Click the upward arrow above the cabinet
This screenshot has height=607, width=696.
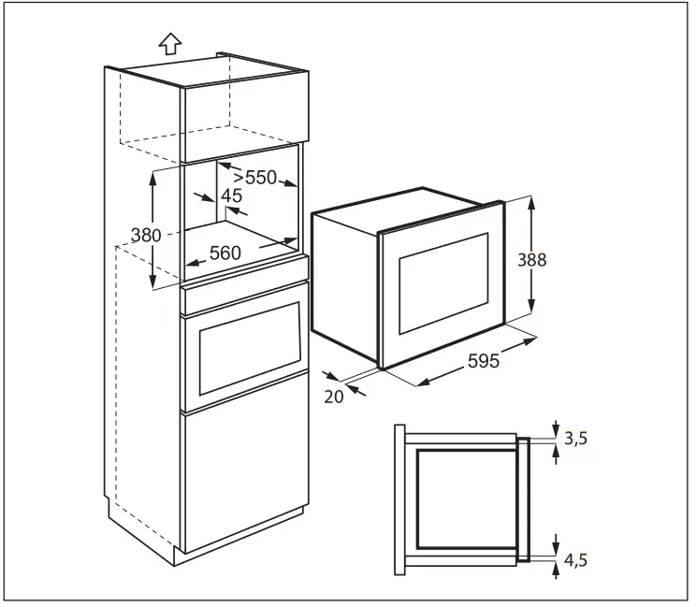tap(169, 43)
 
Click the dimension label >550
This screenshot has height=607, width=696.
tap(254, 176)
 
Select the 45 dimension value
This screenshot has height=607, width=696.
tap(231, 195)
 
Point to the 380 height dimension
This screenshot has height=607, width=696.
tap(145, 236)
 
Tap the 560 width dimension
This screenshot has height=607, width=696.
tap(225, 252)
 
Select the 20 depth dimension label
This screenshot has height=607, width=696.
tap(334, 396)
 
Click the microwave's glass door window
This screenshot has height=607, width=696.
tap(443, 280)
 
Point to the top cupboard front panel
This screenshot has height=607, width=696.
tap(245, 116)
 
